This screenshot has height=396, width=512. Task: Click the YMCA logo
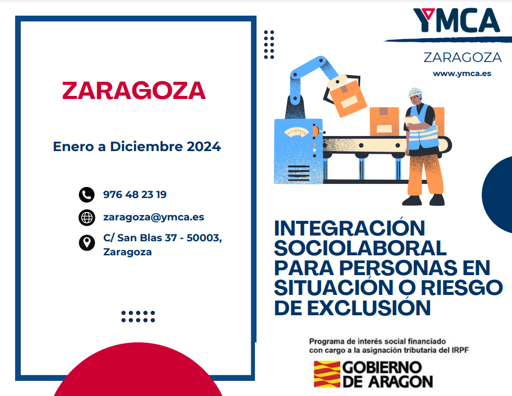[x=457, y=20]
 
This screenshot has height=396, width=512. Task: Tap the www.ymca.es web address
[x=462, y=73]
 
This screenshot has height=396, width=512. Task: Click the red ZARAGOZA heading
[x=134, y=90]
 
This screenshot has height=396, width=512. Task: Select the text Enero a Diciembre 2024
[x=137, y=146]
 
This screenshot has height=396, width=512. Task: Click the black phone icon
[x=87, y=195]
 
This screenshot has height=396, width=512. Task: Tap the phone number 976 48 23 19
[x=135, y=194]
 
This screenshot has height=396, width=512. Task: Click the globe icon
[x=87, y=218]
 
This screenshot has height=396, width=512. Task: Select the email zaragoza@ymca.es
[x=153, y=217]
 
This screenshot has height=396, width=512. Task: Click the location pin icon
[x=87, y=242]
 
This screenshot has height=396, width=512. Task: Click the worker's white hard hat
[x=416, y=92]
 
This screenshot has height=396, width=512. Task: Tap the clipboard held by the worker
[x=412, y=120]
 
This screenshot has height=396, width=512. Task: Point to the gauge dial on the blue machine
[x=296, y=132]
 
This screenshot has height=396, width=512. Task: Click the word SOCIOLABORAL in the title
[x=360, y=248]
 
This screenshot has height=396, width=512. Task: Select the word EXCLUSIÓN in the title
[x=369, y=307]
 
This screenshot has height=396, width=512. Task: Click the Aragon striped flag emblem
[x=327, y=374]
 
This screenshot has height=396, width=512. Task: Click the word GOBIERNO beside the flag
[x=382, y=368]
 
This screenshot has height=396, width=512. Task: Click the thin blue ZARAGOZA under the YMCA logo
[x=462, y=57]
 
